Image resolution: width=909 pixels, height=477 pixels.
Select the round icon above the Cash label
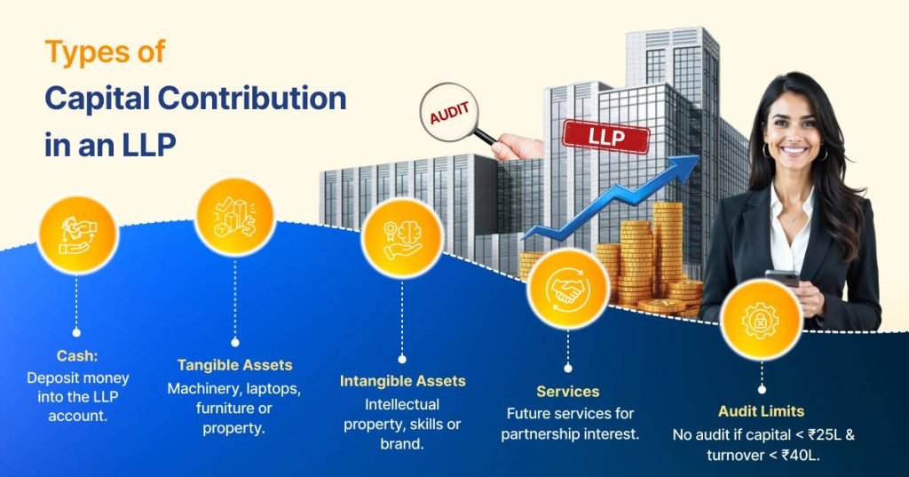(x=77, y=235)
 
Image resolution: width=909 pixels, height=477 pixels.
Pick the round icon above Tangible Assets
(x=234, y=219)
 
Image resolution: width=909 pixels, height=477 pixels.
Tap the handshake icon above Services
(x=567, y=286)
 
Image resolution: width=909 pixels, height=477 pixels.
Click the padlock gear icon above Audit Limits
(x=761, y=319)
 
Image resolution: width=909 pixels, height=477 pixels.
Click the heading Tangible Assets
(x=234, y=365)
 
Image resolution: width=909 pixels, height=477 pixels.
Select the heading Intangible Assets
(x=402, y=381)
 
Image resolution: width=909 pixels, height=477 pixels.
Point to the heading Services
(x=567, y=391)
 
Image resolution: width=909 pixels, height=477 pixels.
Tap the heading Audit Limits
(x=761, y=411)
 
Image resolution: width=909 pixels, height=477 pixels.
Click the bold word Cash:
(x=77, y=355)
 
